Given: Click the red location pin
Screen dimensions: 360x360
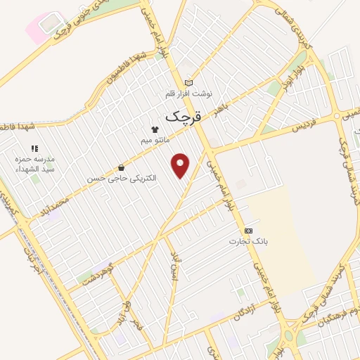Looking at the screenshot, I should (x=181, y=164).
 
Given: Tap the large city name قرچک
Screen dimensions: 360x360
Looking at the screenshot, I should (x=184, y=116).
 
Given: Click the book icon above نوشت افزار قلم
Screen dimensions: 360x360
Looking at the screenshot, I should (x=188, y=83).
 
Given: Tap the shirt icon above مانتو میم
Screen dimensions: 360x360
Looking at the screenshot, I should (x=155, y=129).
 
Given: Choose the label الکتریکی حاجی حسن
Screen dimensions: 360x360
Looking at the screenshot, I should (x=122, y=179).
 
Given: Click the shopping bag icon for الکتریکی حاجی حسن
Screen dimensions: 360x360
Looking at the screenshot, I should (x=122, y=168).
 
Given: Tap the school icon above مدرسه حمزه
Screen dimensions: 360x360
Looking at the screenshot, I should (x=34, y=149).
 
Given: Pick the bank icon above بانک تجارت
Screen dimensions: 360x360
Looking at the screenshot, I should (x=248, y=231).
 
